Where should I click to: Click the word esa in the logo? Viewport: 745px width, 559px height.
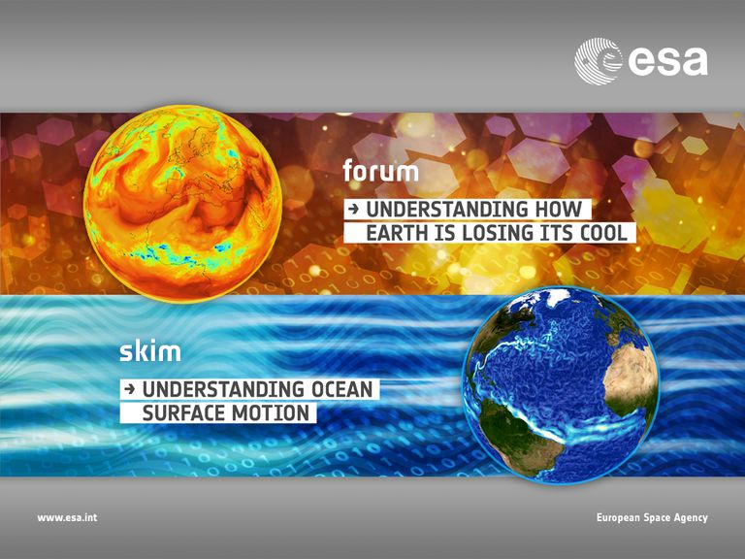click(668, 61)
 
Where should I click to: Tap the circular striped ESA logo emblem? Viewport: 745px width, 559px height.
click(599, 61)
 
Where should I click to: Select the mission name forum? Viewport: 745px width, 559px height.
click(380, 171)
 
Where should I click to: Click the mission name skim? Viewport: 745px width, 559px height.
click(150, 350)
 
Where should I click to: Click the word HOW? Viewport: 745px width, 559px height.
click(559, 210)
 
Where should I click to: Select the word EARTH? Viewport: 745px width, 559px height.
click(396, 233)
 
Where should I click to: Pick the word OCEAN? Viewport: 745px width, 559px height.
click(342, 389)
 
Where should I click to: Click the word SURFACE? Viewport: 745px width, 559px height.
click(184, 412)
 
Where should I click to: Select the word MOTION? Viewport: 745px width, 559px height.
click(271, 412)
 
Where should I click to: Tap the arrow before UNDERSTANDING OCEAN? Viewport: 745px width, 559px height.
click(129, 389)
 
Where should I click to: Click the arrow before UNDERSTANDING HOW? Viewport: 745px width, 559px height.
click(353, 210)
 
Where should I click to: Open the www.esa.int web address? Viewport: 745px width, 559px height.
click(67, 517)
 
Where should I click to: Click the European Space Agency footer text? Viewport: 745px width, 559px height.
click(652, 517)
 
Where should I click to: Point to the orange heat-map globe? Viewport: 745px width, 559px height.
click(183, 204)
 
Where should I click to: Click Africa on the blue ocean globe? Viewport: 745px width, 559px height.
click(629, 376)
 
